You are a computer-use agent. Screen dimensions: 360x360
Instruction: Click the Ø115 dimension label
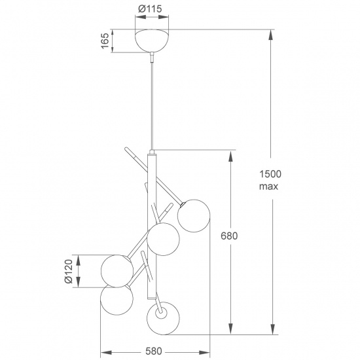(x=150, y=9)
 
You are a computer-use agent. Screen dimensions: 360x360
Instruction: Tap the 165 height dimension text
(x=105, y=41)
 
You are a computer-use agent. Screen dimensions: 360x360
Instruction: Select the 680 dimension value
(x=229, y=236)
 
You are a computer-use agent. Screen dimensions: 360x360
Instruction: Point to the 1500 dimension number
(x=270, y=174)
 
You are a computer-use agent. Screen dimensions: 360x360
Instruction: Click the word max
(x=268, y=186)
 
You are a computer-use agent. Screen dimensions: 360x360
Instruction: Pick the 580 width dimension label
(x=154, y=351)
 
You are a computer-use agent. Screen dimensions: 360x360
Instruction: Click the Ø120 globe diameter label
(x=69, y=272)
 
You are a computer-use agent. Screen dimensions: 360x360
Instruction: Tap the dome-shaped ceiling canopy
(x=152, y=40)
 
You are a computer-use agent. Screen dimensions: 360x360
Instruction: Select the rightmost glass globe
(x=194, y=216)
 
